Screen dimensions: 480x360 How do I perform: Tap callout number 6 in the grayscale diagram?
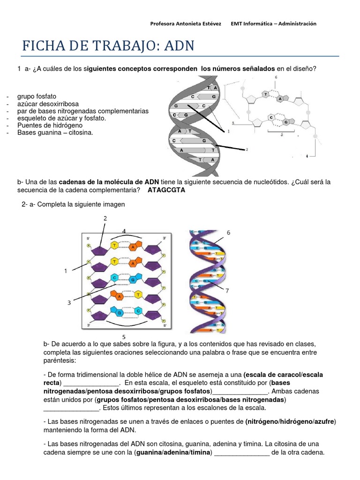coord(276,77)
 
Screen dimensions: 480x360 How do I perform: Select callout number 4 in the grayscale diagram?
coord(307,156)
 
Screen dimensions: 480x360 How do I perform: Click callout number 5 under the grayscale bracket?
coord(281,134)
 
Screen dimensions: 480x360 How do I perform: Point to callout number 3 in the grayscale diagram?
coord(233,123)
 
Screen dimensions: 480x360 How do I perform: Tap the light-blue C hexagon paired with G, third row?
coord(114,277)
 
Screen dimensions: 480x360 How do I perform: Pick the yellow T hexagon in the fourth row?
coord(138,294)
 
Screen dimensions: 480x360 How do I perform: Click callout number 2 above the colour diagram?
coord(105,218)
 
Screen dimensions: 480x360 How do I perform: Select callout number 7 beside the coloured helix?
coord(227,291)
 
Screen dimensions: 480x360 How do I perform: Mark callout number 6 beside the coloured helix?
coord(228,232)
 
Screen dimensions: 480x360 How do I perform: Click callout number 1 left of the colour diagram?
coord(66,271)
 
